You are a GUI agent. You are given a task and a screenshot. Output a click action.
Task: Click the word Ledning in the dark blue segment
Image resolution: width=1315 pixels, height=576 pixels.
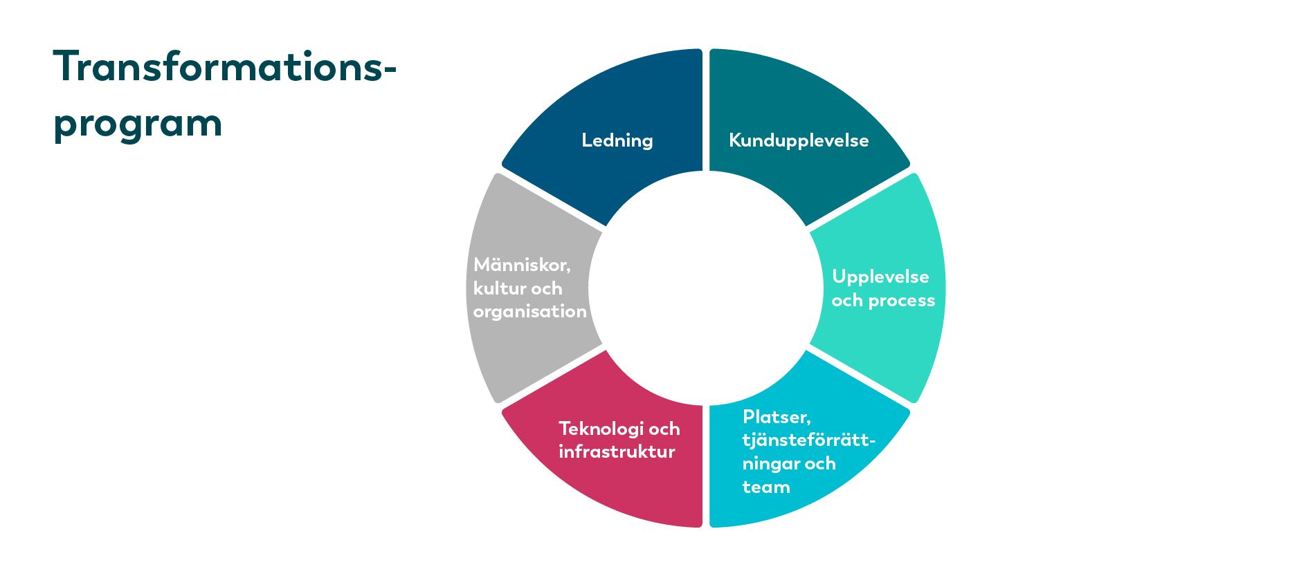coord(617,140)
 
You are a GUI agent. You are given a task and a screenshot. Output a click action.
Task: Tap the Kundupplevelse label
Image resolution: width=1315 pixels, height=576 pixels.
coord(799,140)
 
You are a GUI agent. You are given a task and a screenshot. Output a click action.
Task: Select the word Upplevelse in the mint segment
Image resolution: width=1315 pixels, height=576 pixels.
coord(880,277)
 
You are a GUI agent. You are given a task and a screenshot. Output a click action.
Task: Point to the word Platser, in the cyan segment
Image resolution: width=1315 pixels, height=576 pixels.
coord(777,417)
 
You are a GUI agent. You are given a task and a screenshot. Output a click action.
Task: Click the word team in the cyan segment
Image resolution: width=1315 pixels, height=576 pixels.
coord(766,487)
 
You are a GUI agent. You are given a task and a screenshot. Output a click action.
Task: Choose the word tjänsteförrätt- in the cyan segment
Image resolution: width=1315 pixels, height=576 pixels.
coord(809,440)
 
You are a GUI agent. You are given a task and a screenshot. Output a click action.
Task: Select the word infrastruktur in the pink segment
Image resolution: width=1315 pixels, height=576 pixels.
coord(617,452)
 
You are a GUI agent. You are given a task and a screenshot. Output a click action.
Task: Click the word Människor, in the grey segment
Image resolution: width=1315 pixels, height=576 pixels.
coord(522,265)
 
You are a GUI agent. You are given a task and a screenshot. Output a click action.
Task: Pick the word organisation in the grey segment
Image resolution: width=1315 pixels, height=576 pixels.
coord(530,312)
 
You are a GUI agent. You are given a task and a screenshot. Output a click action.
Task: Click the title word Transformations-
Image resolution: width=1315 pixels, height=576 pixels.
coord(225,66)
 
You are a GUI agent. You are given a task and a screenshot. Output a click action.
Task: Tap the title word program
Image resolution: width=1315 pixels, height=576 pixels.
coord(138,124)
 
